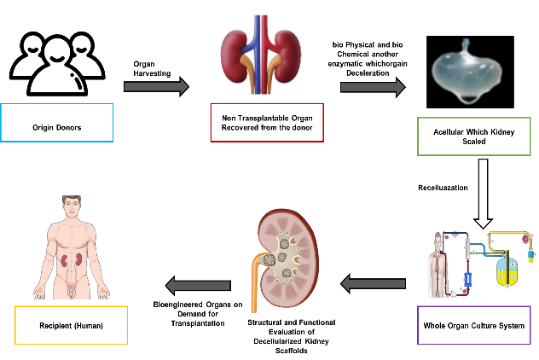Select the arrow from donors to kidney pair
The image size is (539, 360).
(156, 86)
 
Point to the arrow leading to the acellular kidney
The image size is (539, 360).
(373, 86)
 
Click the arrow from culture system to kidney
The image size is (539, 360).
(374, 283)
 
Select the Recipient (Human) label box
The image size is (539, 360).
(71, 325)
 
